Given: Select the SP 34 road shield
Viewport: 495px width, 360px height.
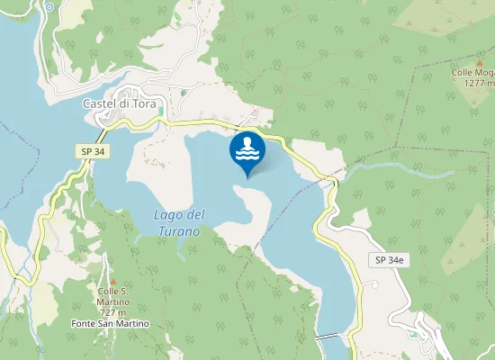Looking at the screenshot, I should (92, 152).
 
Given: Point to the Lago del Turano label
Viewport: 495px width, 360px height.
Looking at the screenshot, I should (180, 222).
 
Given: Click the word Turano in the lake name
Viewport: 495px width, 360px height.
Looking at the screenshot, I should (181, 230).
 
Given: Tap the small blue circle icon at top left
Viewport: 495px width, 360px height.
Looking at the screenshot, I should (50, 6).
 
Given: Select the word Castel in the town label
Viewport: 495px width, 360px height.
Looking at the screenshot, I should (97, 103).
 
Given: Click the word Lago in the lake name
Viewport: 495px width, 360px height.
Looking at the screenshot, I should (167, 214).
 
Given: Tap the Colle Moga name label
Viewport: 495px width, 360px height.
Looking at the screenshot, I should (473, 71).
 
